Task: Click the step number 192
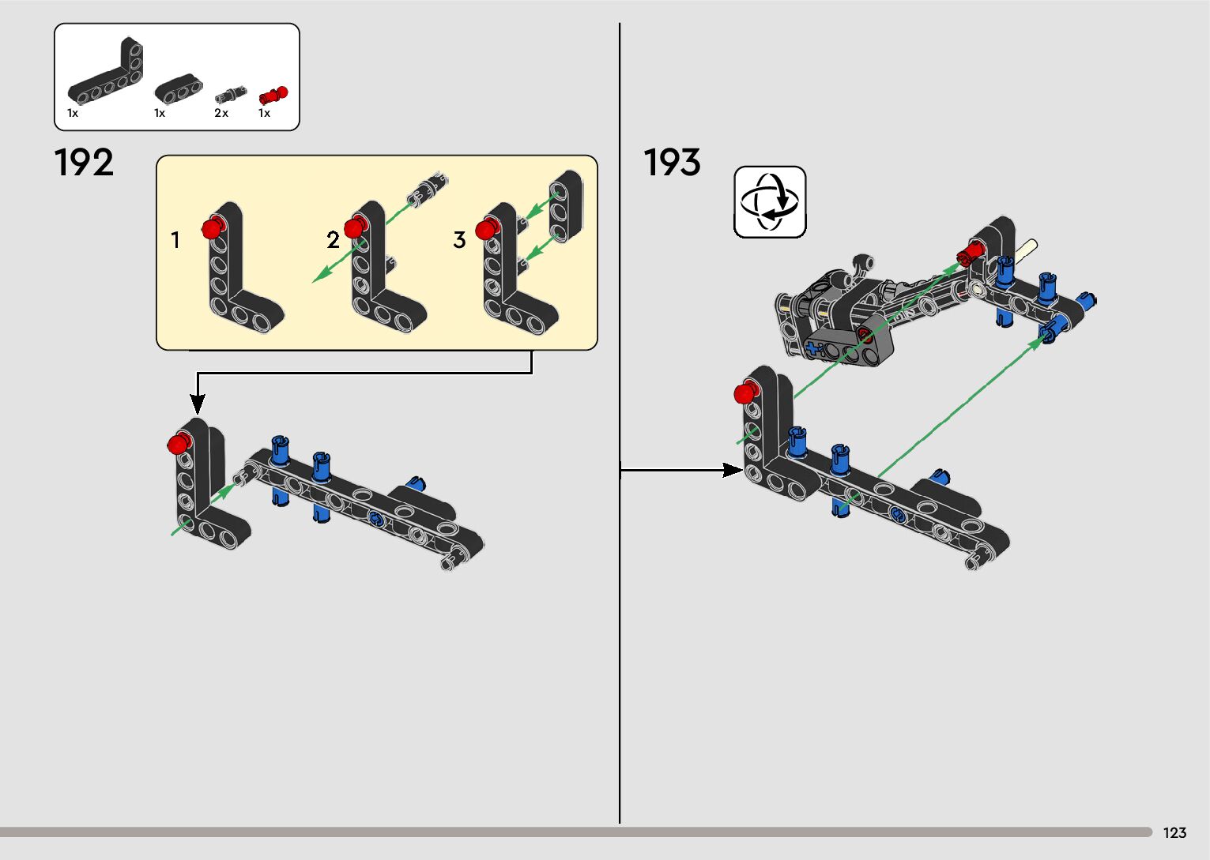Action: (84, 163)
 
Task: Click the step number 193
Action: (672, 163)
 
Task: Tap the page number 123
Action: (1174, 833)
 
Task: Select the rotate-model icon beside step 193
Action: (770, 201)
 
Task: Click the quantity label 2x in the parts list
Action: (221, 114)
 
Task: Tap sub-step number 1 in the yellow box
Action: (175, 239)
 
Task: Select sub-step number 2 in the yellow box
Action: (333, 239)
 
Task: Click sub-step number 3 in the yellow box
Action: (459, 239)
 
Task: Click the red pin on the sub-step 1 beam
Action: (211, 229)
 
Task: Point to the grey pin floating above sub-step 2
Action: (427, 187)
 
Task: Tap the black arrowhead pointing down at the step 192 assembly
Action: (198, 404)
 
